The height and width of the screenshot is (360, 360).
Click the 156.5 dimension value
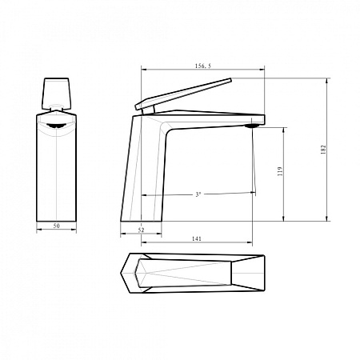[x=196, y=66]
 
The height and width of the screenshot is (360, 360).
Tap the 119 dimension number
[x=279, y=171]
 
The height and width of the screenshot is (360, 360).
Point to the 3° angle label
[x=198, y=194]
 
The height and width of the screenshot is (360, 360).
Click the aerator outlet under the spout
[x=252, y=123]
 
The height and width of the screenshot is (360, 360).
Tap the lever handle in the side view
[x=184, y=94]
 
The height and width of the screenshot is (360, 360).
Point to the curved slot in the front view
[x=58, y=125]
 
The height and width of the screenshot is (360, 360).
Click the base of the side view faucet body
[x=142, y=218]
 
